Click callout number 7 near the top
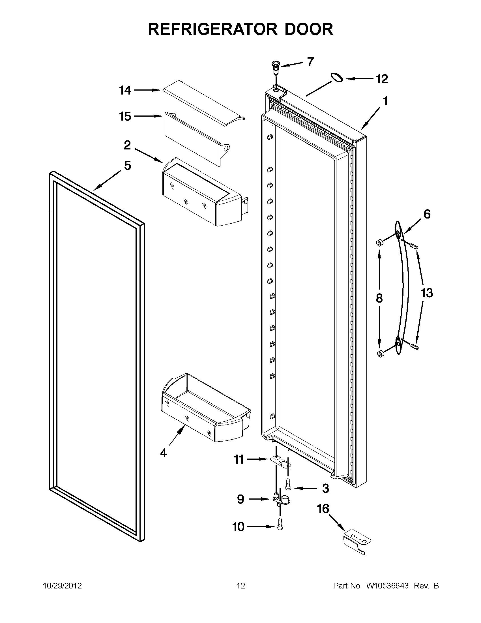(310, 62)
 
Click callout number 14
(125, 90)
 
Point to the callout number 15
(125, 116)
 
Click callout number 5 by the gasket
(127, 166)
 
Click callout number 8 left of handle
(379, 298)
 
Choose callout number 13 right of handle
(427, 293)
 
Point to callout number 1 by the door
(385, 101)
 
